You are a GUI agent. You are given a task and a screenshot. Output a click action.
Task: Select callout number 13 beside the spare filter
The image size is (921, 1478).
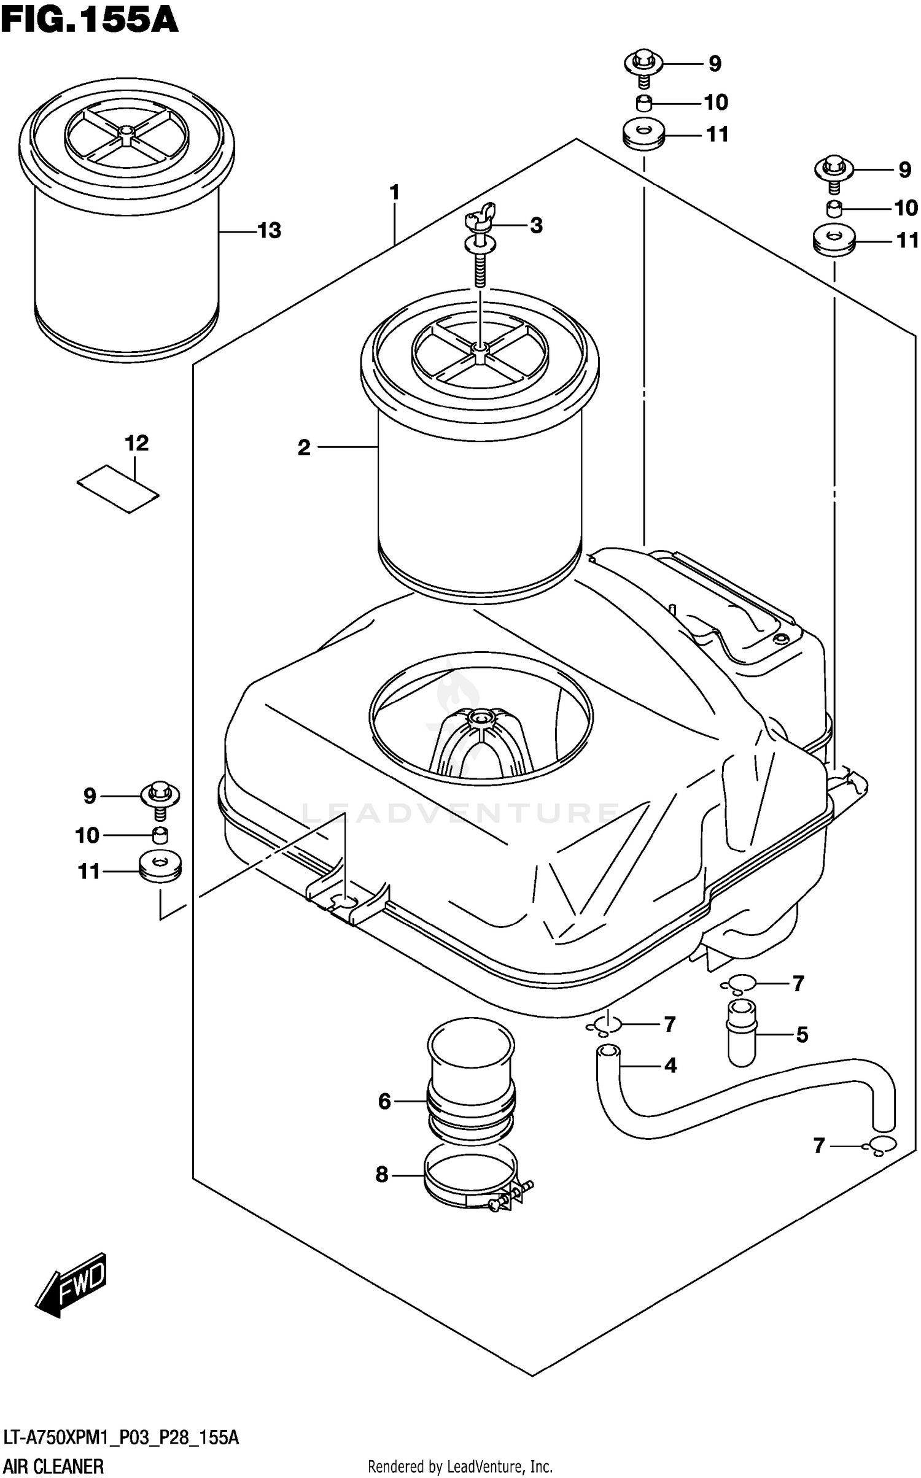point(269,231)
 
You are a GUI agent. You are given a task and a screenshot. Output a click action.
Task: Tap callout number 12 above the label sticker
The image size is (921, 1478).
point(136,443)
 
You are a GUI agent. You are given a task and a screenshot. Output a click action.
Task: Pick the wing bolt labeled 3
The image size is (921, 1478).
point(481,246)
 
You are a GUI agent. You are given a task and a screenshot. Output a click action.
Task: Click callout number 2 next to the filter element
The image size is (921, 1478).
point(304,448)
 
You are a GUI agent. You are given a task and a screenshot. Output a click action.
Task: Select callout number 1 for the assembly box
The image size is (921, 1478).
point(394,193)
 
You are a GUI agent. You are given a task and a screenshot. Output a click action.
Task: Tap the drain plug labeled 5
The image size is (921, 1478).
point(742,1034)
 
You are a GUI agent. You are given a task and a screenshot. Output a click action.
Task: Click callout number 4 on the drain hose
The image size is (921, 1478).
point(670,1066)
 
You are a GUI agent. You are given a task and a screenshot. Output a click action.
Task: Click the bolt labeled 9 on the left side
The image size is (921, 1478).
point(160,799)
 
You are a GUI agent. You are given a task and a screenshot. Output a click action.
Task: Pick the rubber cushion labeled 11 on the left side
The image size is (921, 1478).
point(161,868)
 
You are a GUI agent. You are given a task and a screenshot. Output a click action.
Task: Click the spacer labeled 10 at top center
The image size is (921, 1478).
point(643,103)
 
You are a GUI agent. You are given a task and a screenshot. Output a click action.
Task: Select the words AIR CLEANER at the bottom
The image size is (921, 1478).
point(53,1467)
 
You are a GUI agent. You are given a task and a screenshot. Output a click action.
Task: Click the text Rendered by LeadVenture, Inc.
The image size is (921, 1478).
point(460,1467)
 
